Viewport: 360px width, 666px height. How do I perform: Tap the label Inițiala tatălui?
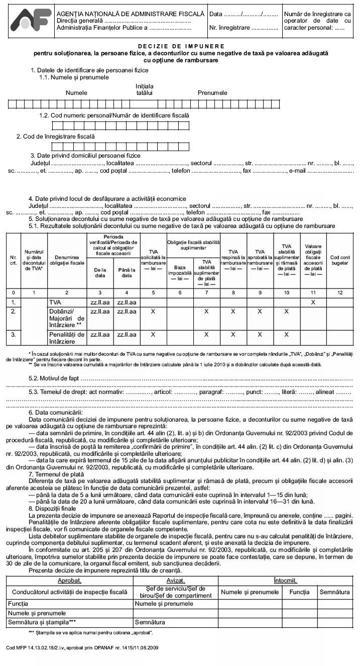click(145, 89)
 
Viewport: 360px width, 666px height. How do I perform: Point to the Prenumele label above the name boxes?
click(212, 93)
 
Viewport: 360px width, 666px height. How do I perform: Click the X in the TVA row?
click(313, 303)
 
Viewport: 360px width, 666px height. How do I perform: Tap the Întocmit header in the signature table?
click(285, 580)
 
